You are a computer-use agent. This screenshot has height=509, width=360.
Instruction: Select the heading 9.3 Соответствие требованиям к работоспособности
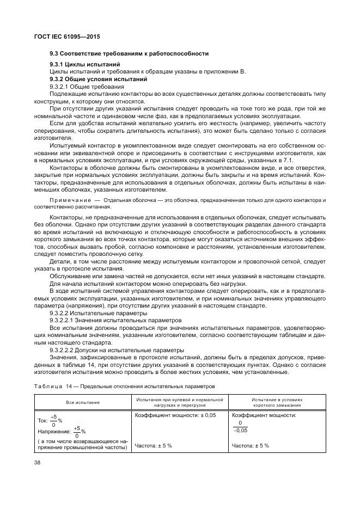click(129, 53)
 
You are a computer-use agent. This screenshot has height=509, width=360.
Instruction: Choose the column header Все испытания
click(82, 403)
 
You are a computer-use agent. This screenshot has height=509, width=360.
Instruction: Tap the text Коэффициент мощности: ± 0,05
click(167, 415)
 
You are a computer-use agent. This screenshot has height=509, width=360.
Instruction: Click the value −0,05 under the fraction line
click(240, 430)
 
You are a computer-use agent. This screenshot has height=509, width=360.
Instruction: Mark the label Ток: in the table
click(43, 420)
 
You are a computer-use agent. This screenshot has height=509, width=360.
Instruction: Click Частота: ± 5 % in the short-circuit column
click(250, 446)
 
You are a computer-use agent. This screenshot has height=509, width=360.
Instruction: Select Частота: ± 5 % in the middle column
click(153, 446)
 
